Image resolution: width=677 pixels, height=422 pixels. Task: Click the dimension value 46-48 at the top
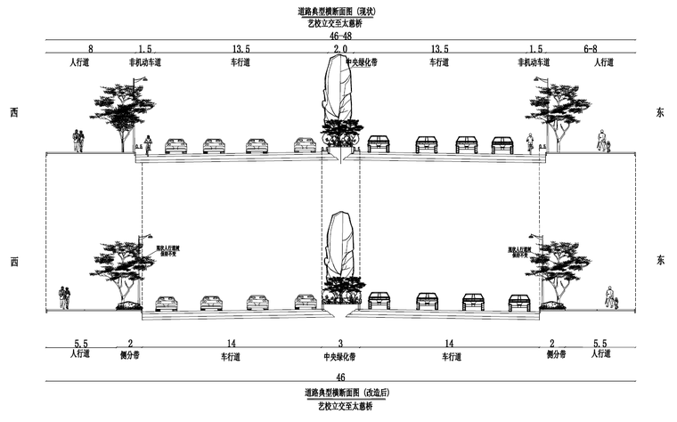[339, 37]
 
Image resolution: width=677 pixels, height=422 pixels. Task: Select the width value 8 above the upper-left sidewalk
[91, 50]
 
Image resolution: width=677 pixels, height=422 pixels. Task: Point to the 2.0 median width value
[339, 50]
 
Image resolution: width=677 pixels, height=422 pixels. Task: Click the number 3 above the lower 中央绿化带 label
[339, 344]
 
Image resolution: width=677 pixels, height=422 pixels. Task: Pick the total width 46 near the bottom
[339, 377]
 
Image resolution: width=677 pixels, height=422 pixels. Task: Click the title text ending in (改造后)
[339, 392]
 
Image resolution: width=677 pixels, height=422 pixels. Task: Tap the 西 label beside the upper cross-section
[13, 112]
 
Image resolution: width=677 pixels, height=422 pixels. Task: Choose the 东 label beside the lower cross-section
[660, 261]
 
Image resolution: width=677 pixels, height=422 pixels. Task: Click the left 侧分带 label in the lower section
[129, 355]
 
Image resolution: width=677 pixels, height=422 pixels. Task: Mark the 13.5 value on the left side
[240, 50]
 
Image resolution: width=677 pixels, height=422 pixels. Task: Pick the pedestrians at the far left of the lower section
[64, 297]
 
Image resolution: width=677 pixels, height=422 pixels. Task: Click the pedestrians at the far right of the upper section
[605, 142]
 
